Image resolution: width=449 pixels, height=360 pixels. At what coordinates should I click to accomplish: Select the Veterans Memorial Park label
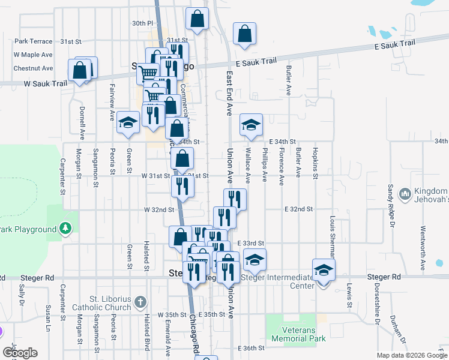coord(298,334)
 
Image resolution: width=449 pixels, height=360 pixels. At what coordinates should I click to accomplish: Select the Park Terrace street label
coord(34,41)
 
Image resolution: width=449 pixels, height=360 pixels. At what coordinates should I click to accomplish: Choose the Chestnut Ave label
coord(33,68)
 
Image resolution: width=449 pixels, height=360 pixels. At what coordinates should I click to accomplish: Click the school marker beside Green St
coord(127,122)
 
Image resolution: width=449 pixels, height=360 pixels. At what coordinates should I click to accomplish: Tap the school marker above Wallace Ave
coord(251,124)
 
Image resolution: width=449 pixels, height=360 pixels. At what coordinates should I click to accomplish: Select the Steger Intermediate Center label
coord(277,281)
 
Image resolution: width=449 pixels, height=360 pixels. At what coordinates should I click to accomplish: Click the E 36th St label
coord(251,349)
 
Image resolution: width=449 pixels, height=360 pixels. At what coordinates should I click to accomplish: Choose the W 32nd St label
coord(158,210)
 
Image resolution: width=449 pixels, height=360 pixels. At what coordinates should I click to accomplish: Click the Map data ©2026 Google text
coord(411,355)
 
